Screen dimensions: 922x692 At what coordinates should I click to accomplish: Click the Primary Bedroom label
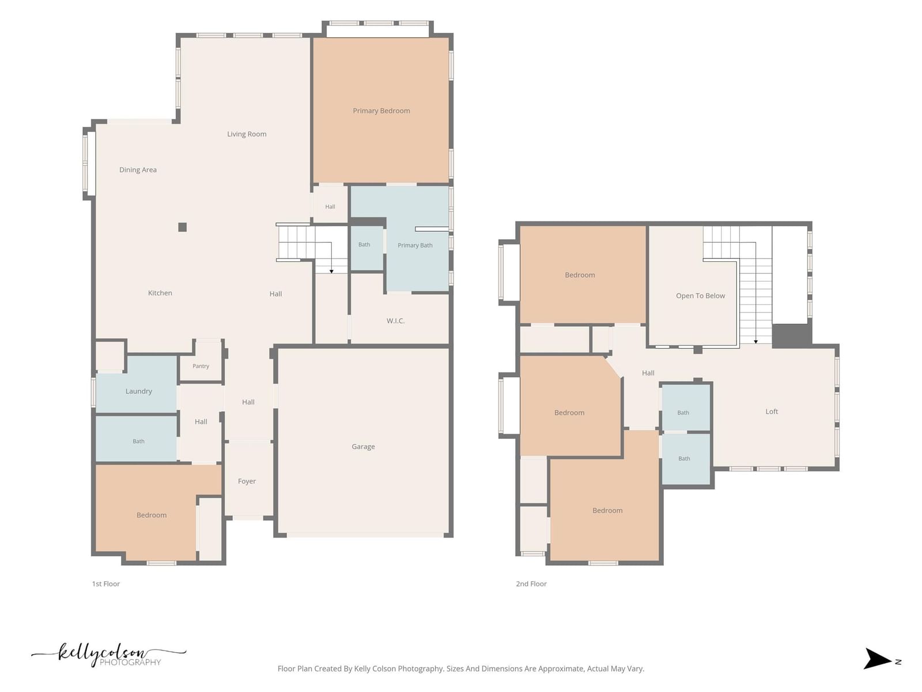(x=381, y=111)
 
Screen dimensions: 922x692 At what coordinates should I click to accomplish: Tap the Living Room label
(x=247, y=134)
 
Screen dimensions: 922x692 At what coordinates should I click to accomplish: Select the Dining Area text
(x=138, y=170)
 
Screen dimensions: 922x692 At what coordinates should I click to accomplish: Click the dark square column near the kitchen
(x=182, y=227)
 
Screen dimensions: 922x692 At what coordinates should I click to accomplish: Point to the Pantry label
(x=201, y=366)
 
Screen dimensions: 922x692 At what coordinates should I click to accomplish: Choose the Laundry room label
(x=139, y=391)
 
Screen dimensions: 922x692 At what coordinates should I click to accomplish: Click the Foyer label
(x=247, y=481)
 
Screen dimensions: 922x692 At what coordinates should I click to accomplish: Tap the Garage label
(x=364, y=446)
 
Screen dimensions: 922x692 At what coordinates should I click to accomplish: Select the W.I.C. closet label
(x=395, y=321)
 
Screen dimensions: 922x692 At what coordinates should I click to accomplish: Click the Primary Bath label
(x=415, y=246)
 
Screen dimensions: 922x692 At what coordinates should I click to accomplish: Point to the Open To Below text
(x=700, y=296)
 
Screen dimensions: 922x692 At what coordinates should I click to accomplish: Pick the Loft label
(x=772, y=411)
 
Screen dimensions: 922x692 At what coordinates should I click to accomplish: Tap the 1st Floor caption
(x=106, y=584)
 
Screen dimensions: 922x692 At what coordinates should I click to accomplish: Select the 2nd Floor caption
(x=531, y=584)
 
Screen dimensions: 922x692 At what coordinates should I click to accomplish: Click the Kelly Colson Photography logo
(x=109, y=655)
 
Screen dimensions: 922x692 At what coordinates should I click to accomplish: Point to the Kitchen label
(x=160, y=293)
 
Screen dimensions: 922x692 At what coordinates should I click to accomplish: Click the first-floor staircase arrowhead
(x=331, y=272)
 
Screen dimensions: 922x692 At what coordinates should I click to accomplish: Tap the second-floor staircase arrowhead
(x=755, y=342)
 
